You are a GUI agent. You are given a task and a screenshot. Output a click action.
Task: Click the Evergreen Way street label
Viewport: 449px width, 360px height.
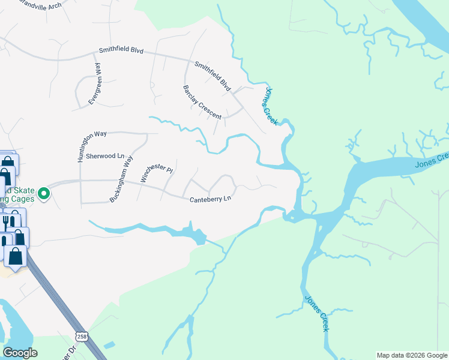[95, 86]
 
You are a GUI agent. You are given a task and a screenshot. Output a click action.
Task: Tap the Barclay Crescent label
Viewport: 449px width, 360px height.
[202, 101]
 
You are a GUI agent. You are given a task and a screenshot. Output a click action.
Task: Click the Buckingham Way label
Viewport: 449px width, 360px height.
[121, 179]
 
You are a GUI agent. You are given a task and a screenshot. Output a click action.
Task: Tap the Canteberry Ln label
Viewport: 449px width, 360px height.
[210, 199]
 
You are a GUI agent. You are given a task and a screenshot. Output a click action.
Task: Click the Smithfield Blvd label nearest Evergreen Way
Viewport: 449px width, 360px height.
[121, 51]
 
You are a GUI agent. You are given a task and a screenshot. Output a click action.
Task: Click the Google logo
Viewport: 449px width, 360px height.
[20, 353]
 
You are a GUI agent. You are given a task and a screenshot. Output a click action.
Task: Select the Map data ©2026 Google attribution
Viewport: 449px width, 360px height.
[411, 355]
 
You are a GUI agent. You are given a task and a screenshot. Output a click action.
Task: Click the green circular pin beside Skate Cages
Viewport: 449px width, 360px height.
[43, 193]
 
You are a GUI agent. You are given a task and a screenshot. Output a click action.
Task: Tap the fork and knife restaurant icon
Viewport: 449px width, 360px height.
[6, 223]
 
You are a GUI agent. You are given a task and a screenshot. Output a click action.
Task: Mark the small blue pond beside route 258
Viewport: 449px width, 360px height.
[109, 345]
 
